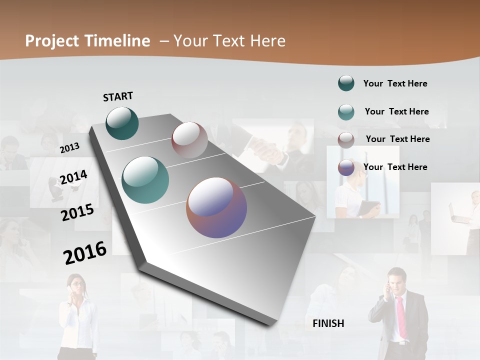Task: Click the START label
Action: (x=118, y=96)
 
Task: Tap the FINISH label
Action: (x=328, y=323)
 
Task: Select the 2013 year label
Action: (x=69, y=147)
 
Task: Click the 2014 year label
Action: (x=73, y=177)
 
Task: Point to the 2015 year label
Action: (x=77, y=212)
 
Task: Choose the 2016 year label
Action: (x=85, y=253)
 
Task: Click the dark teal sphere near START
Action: (x=122, y=123)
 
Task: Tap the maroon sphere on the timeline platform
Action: (x=189, y=140)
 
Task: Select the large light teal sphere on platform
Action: (x=145, y=180)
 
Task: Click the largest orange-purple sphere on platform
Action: (x=216, y=207)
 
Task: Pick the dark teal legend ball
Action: (x=346, y=83)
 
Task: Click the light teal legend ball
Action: (x=346, y=112)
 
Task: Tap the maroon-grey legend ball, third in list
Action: (x=346, y=140)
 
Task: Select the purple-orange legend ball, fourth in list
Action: (x=346, y=167)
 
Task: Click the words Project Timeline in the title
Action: (x=87, y=41)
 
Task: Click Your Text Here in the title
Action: (x=229, y=41)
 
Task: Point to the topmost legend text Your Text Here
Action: (x=395, y=83)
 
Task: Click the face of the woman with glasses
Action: (x=76, y=286)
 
